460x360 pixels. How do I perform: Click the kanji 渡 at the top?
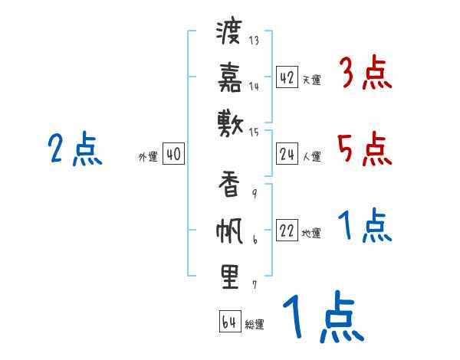(x=229, y=33)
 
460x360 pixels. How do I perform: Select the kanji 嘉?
(x=229, y=77)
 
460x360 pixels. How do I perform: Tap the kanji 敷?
(x=229, y=122)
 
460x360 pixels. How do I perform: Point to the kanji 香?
(x=229, y=185)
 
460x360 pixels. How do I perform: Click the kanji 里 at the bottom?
(x=229, y=277)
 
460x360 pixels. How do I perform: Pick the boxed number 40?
(x=173, y=155)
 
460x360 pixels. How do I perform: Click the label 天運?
(x=311, y=80)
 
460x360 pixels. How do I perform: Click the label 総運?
(x=255, y=324)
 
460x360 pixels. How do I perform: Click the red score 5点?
(x=365, y=149)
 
